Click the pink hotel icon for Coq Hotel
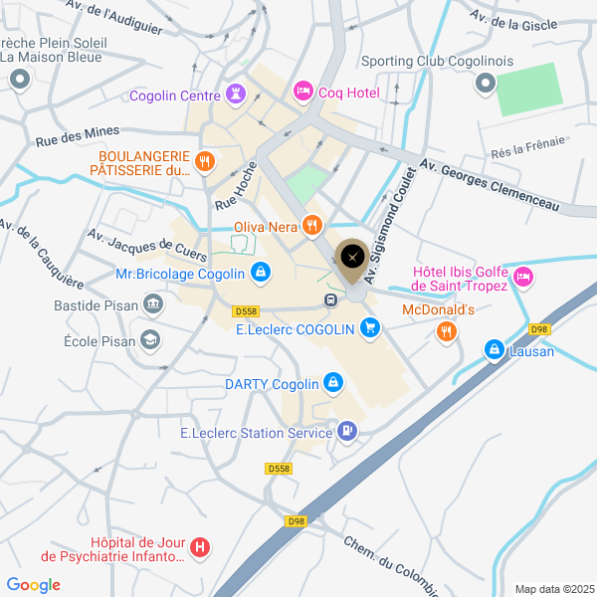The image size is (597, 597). click(x=302, y=92)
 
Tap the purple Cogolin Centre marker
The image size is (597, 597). click(x=236, y=96)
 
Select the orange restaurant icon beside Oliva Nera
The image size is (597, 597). click(x=313, y=226)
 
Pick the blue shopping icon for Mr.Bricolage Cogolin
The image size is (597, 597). click(x=260, y=273)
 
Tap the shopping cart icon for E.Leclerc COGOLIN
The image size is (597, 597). click(x=370, y=327)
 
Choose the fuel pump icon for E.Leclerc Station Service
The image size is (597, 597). click(x=346, y=432)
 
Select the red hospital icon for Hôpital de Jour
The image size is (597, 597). click(x=200, y=547)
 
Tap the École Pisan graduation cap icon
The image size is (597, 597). click(x=149, y=340)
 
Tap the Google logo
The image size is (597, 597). click(x=33, y=585)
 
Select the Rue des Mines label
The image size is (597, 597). click(x=77, y=136)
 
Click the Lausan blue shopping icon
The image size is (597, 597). click(x=495, y=350)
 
